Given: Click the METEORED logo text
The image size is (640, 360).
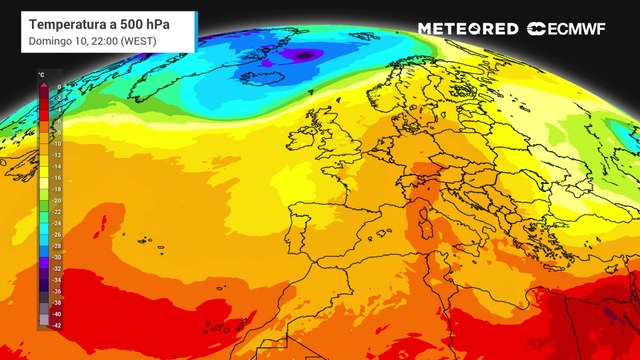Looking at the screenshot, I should tap(468, 29).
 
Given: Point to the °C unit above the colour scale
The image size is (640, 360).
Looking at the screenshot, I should tap(40, 76).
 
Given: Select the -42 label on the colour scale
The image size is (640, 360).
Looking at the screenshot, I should tap(57, 325).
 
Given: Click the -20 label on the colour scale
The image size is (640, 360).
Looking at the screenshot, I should tap(57, 200).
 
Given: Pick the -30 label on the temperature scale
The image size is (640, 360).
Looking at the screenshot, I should tap(57, 257).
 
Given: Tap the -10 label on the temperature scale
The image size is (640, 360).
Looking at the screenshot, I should tap(57, 143).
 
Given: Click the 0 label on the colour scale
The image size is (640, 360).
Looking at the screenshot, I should tap(59, 87).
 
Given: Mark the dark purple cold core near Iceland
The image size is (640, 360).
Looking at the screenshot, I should tap(302, 56).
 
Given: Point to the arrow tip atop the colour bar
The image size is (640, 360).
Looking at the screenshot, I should tap(43, 83).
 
